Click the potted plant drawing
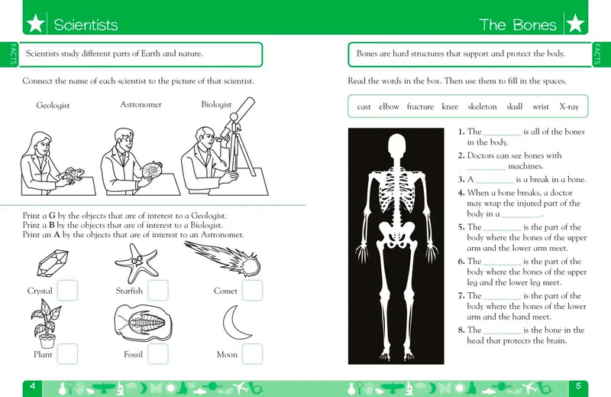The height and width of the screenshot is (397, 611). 45,324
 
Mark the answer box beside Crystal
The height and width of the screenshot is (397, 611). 67,291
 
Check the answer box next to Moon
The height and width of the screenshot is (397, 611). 252,353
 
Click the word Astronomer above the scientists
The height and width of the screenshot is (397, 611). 141,104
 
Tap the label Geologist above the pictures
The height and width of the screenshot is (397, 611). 53,106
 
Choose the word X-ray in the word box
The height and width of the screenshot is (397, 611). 569,106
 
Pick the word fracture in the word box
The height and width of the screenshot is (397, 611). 420,106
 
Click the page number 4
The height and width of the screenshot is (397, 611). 33,386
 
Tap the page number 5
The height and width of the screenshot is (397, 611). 578,386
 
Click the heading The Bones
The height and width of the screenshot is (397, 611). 518,24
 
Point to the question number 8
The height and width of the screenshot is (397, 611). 461,330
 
